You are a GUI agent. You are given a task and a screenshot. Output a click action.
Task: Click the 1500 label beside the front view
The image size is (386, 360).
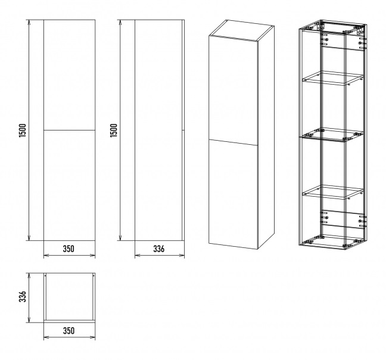pos(23,131)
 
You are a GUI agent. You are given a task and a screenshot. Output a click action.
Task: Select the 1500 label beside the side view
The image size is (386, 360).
pos(114,131)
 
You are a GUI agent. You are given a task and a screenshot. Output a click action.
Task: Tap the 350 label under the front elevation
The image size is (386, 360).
pos(69,249)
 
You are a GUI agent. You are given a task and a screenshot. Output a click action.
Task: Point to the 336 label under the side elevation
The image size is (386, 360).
pos(159,249)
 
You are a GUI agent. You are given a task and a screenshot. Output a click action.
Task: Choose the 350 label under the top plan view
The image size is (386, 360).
pos(69,331)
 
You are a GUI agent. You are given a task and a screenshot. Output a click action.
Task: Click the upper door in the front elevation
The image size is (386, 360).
pos(70,75)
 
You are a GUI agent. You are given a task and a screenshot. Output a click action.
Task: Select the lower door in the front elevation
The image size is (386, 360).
pos(70,185)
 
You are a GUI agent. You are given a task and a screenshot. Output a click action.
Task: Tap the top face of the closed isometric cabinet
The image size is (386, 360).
pos(241,30)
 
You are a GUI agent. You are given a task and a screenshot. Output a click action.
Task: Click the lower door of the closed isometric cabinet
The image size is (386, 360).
pos(233,194)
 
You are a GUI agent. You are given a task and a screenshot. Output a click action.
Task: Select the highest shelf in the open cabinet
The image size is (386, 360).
pos(332,78)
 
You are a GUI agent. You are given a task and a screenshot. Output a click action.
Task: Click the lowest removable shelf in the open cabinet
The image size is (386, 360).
pos(332,192)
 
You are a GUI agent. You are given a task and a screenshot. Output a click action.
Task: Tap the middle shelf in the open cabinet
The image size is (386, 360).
pos(332,135)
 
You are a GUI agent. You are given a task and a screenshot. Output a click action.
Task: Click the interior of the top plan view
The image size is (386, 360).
pos(70,296)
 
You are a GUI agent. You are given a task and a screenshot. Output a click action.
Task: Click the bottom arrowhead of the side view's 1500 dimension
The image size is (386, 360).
pos(120,238)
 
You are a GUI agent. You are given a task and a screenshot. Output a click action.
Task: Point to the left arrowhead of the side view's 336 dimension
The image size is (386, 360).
pos(138,255)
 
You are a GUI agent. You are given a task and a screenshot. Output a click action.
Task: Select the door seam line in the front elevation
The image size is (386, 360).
pos(70,130)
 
